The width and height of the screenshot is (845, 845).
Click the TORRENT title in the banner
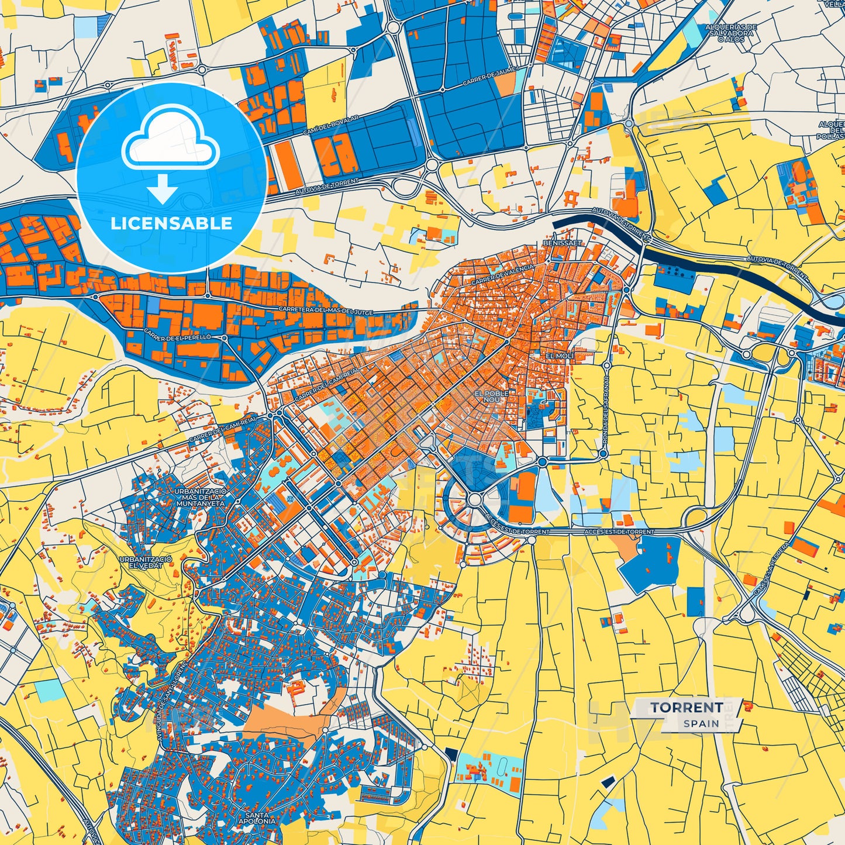pyautogui.click(x=686, y=708)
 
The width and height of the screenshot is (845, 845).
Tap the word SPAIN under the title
pyautogui.click(x=701, y=723)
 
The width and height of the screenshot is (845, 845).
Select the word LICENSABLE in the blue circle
pyautogui.click(x=172, y=223)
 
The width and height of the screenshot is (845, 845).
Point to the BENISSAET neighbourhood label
pyautogui.click(x=562, y=242)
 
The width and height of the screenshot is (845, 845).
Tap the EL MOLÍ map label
pyautogui.click(x=560, y=356)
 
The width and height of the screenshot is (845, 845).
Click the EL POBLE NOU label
pyautogui.click(x=491, y=396)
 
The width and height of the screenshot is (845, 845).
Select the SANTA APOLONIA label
pyautogui.click(x=257, y=818)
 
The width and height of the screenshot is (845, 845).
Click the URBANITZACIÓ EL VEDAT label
pyautogui.click(x=146, y=563)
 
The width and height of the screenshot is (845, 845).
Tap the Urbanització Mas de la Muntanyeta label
pyautogui.click(x=199, y=496)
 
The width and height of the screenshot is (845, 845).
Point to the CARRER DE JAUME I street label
pyautogui.click(x=490, y=77)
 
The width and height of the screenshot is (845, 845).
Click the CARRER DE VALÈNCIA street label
pyautogui.click(x=502, y=275)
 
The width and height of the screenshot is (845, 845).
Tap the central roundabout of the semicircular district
pyautogui.click(x=475, y=500)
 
